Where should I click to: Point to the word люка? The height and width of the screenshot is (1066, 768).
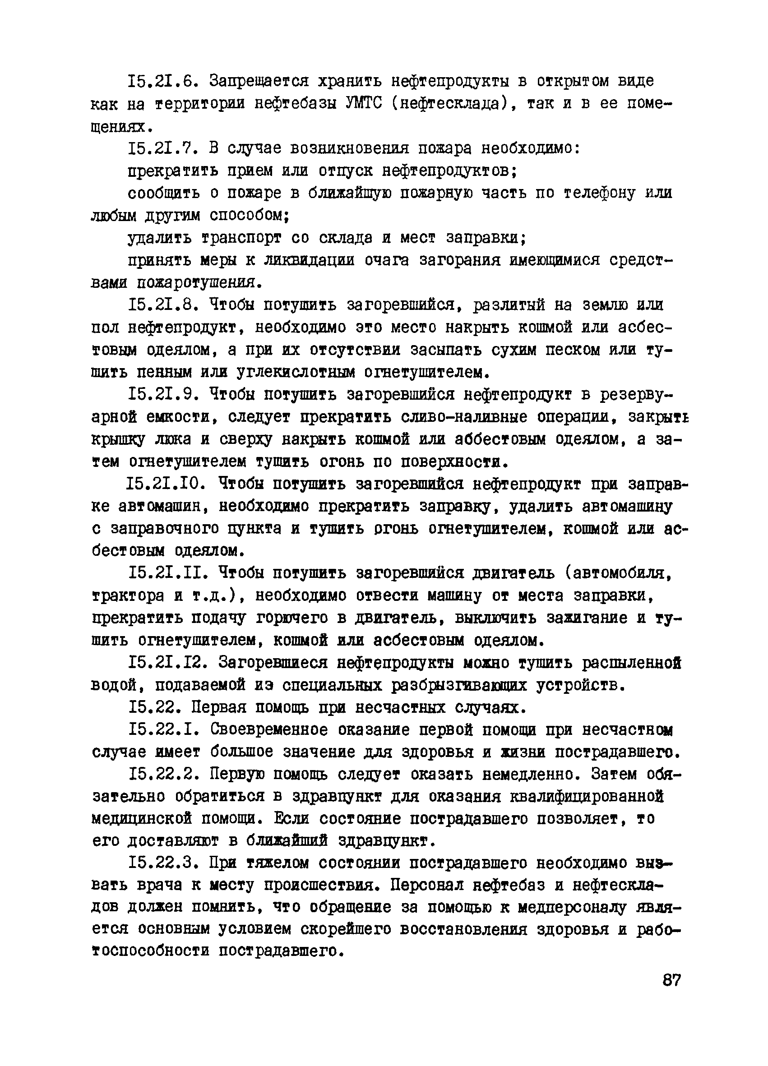pyautogui.click(x=172, y=439)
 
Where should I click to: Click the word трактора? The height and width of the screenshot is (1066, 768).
pyautogui.click(x=129, y=596)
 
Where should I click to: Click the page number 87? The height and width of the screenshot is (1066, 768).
pyautogui.click(x=671, y=980)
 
